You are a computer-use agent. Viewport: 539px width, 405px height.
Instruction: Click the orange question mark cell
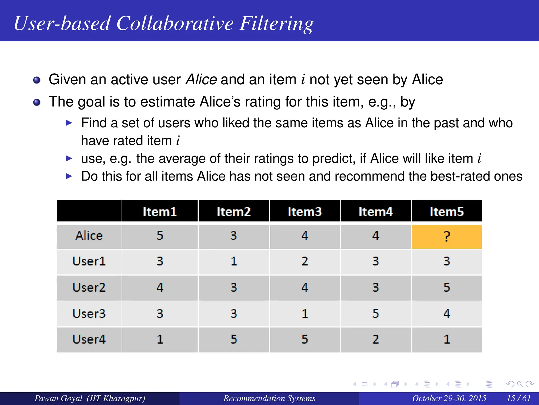tap(447, 237)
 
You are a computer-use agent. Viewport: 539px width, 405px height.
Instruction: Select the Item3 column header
tap(305, 211)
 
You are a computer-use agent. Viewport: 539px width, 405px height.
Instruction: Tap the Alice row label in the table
tap(89, 236)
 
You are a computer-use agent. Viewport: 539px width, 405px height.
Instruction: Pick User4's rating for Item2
tap(234, 339)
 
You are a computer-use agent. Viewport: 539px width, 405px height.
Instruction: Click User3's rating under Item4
tap(376, 314)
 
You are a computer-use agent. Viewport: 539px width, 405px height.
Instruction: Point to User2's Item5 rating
tap(447, 287)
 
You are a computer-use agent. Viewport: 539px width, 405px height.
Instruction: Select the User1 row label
tap(89, 261)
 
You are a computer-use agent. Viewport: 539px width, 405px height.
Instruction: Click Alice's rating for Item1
tap(160, 236)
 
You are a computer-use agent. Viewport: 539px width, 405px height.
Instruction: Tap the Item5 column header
tap(447, 211)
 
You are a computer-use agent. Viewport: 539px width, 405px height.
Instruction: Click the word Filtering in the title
tap(276, 24)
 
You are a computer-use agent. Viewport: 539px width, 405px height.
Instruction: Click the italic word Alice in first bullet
tap(201, 80)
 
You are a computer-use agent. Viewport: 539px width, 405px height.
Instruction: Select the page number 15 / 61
tap(518, 398)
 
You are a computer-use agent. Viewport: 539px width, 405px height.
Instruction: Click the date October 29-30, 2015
tap(449, 398)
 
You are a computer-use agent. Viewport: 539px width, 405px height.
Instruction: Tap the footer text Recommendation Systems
tap(269, 398)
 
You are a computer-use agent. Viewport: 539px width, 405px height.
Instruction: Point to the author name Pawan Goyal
tap(58, 398)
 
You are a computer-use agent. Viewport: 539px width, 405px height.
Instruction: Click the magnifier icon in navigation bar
tap(520, 384)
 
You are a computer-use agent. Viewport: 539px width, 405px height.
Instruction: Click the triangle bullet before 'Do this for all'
tap(69, 176)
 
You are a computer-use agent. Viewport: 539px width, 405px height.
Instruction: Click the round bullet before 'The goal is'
tap(37, 102)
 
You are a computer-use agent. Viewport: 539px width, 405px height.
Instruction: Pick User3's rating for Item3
tap(305, 314)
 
